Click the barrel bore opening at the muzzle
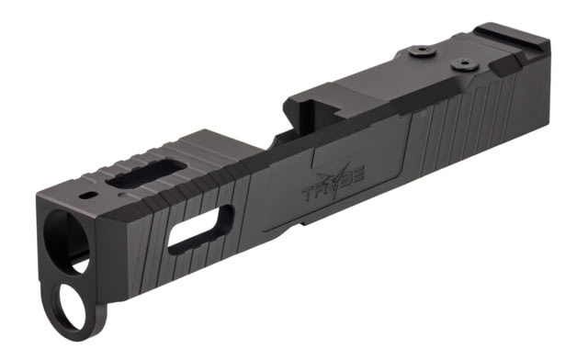(66, 242)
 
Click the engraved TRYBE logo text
(333, 180)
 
